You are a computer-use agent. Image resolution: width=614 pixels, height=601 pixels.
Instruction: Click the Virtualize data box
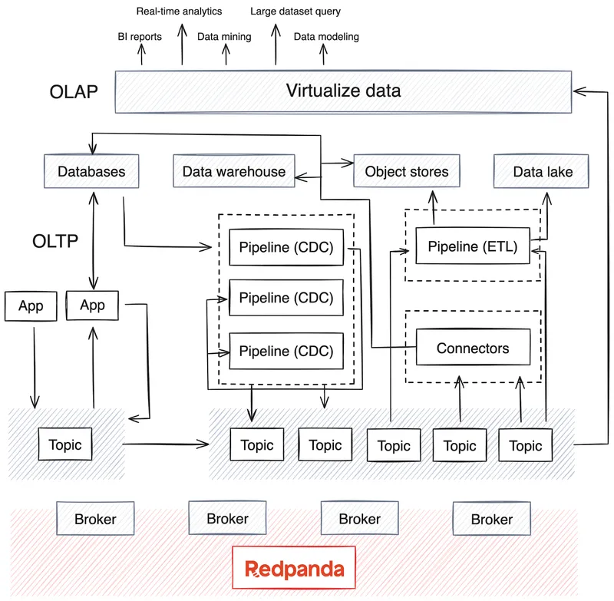(343, 91)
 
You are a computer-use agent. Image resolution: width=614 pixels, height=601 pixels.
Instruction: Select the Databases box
(91, 172)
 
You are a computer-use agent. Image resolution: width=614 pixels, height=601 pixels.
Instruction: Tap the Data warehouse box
(233, 172)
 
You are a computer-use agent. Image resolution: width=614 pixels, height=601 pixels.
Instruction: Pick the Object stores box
(407, 172)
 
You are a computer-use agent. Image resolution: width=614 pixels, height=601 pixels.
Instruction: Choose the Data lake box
(543, 172)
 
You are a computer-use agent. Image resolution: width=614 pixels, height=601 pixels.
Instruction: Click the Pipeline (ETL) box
(472, 247)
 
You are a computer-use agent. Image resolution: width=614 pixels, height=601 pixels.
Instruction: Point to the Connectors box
(472, 348)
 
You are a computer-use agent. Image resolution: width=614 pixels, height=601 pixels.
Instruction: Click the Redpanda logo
(295, 569)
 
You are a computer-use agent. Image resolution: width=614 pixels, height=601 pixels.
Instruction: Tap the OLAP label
(74, 92)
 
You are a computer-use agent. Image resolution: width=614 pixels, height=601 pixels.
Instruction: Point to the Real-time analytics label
(179, 12)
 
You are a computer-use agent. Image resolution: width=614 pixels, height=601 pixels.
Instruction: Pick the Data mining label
(224, 36)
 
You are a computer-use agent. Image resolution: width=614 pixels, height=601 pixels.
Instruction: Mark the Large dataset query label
(295, 12)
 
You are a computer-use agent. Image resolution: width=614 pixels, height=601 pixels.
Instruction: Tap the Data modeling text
(326, 36)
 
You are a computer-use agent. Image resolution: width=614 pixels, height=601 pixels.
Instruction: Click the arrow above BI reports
(142, 54)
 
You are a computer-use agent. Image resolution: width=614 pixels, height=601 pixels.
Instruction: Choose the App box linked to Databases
(92, 305)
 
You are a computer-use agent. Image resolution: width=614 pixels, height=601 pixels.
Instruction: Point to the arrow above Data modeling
(323, 54)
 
